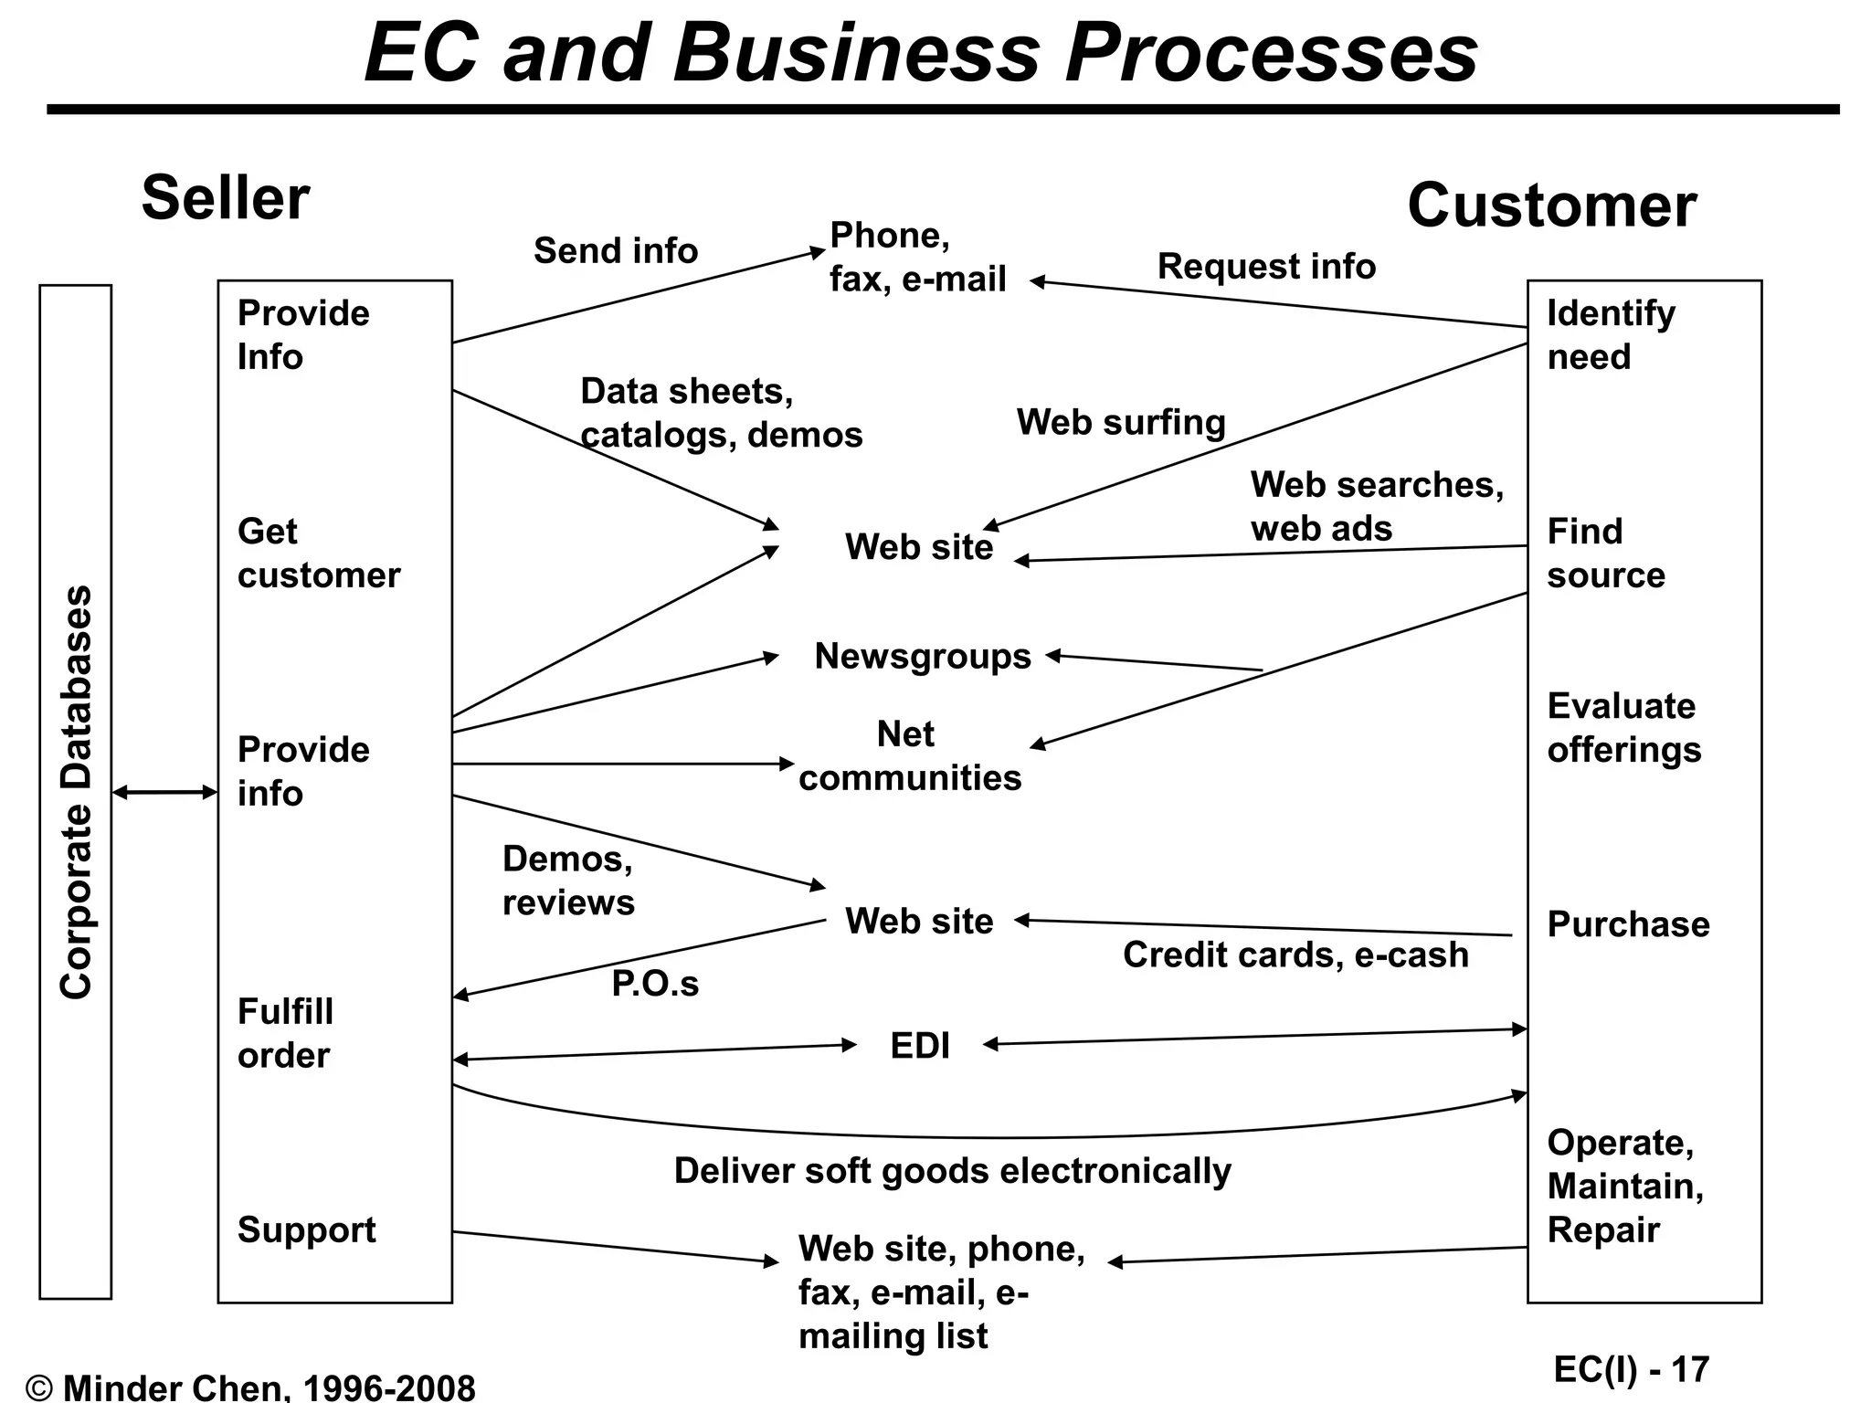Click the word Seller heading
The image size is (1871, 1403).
(225, 198)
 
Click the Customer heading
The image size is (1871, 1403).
(1551, 206)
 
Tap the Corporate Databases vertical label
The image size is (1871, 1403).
(76, 792)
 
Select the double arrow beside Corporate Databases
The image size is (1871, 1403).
(164, 792)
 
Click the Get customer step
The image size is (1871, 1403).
(318, 554)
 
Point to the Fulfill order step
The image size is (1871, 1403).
(285, 1033)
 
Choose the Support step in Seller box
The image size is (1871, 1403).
(306, 1229)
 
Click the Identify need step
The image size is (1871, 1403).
(1611, 334)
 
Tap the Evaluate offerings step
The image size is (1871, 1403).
(1623, 728)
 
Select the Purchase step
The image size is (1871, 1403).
(1628, 924)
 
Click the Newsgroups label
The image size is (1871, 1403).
(923, 656)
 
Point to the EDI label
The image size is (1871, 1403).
(920, 1046)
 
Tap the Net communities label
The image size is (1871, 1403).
(909, 756)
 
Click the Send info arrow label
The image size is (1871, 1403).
(615, 250)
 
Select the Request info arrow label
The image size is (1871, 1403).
(1266, 266)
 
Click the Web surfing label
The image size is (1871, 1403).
(1121, 422)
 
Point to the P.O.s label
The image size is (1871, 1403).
(655, 984)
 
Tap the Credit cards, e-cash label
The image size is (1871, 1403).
(1295, 955)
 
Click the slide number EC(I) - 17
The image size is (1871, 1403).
(1631, 1369)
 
